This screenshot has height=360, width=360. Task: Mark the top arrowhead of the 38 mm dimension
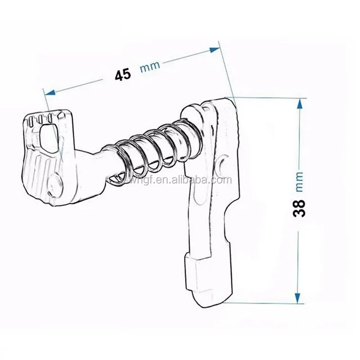pyautogui.click(x=298, y=104)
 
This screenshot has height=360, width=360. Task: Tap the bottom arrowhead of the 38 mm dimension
pyautogui.click(x=298, y=297)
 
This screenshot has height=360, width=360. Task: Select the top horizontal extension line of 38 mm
pyautogui.click(x=270, y=98)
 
